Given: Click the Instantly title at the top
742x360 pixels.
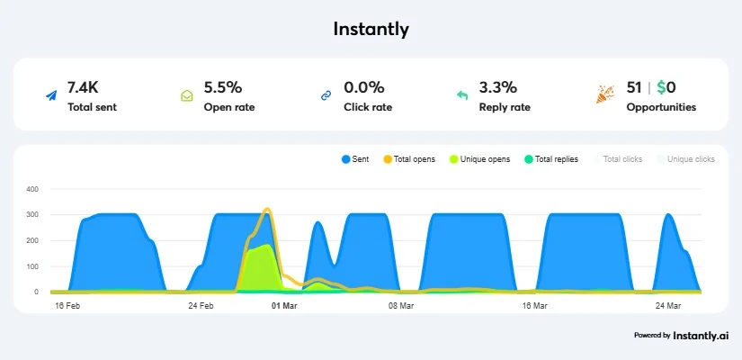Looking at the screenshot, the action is click(371, 30).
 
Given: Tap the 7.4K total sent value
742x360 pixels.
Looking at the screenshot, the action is click(83, 87).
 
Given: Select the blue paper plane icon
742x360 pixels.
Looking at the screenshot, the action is click(51, 95).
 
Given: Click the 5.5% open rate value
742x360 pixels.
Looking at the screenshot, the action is click(223, 87).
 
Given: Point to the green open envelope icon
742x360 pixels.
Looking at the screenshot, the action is click(187, 95).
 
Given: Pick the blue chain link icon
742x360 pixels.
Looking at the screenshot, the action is click(326, 95).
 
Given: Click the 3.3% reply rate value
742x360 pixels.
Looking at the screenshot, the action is click(498, 87).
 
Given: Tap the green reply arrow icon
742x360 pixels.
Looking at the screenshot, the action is click(462, 95).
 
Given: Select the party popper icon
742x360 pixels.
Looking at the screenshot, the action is click(605, 94).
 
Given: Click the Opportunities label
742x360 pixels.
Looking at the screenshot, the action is click(661, 107).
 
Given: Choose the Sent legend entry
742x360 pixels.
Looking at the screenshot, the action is click(355, 159).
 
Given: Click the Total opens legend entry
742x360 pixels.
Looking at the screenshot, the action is click(409, 159).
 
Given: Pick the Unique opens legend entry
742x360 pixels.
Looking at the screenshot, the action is click(480, 159).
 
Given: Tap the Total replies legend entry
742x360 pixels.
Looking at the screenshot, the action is click(551, 159).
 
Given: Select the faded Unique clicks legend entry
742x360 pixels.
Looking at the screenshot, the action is click(685, 159).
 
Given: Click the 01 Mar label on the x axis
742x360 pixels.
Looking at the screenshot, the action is click(284, 306).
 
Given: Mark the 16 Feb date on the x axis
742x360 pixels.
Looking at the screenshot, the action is click(67, 306).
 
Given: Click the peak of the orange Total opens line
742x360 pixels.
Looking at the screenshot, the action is click(267, 209).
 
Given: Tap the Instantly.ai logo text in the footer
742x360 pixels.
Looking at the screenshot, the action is click(701, 336).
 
